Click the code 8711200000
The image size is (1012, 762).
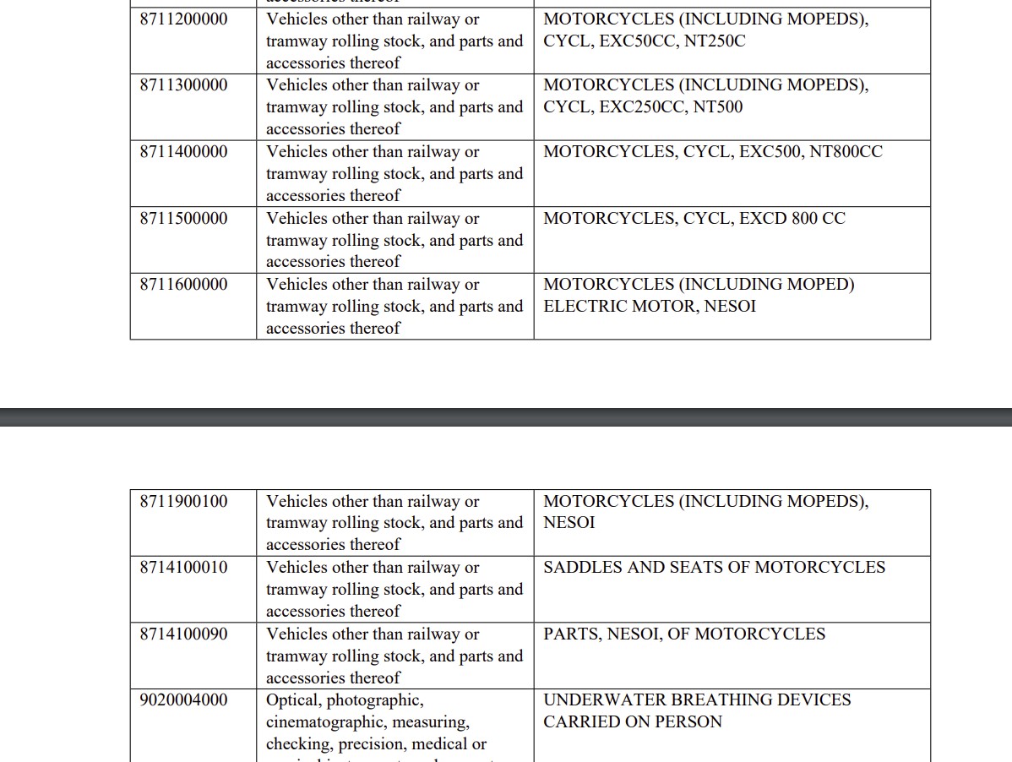(x=183, y=19)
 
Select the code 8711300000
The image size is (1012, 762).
(x=183, y=85)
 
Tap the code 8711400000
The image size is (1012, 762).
(x=183, y=152)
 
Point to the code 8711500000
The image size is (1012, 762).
(x=183, y=218)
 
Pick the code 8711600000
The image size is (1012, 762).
(x=183, y=285)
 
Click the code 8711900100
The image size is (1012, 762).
(x=183, y=501)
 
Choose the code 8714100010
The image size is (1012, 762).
(x=183, y=568)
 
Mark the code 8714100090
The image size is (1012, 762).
(x=183, y=634)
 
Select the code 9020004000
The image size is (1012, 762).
(x=183, y=700)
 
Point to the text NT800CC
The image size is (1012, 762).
(x=846, y=152)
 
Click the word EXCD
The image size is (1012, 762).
(x=763, y=218)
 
